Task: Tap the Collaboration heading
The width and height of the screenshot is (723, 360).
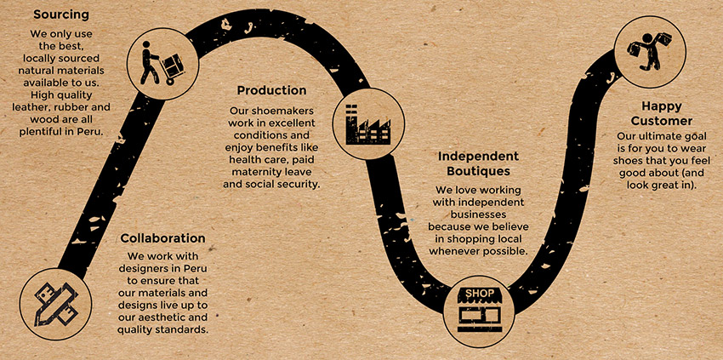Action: (x=162, y=238)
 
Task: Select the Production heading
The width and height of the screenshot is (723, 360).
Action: (x=271, y=90)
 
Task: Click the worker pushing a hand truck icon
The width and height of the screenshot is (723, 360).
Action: (x=157, y=64)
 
